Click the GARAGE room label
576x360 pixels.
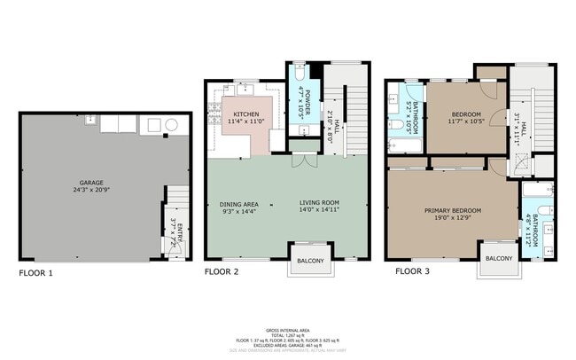[x=105, y=180]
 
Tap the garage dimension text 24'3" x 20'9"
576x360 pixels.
[x=105, y=189]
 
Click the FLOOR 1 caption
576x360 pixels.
[x=36, y=273]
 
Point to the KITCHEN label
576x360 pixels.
[x=246, y=115]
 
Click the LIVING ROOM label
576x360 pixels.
[x=319, y=203]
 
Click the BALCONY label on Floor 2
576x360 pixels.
[x=310, y=260]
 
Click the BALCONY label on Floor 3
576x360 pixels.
[x=499, y=258]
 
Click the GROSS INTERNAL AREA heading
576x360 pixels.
[x=287, y=327]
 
